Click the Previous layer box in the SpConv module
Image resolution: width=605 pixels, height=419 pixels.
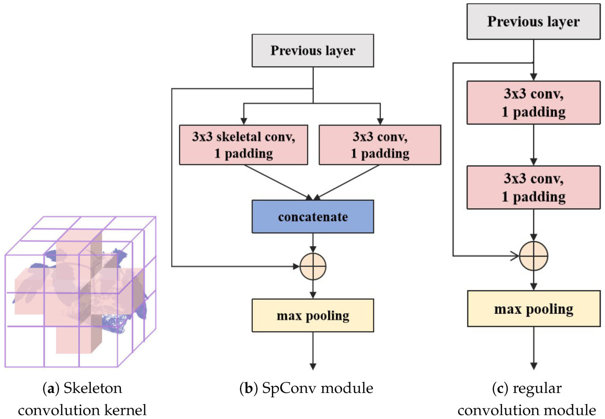312,51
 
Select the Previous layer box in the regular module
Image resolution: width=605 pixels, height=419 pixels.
533,22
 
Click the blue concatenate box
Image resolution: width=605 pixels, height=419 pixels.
312,216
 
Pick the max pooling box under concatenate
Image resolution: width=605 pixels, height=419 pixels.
312,315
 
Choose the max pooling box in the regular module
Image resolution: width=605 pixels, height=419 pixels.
533,309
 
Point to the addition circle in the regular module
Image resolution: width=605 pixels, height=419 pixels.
533,256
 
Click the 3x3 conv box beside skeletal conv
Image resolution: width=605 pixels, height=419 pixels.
380,144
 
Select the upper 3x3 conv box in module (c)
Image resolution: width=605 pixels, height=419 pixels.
533,103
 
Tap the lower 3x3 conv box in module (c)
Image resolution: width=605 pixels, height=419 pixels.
533,187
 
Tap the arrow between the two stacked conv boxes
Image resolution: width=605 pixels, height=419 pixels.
533,145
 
